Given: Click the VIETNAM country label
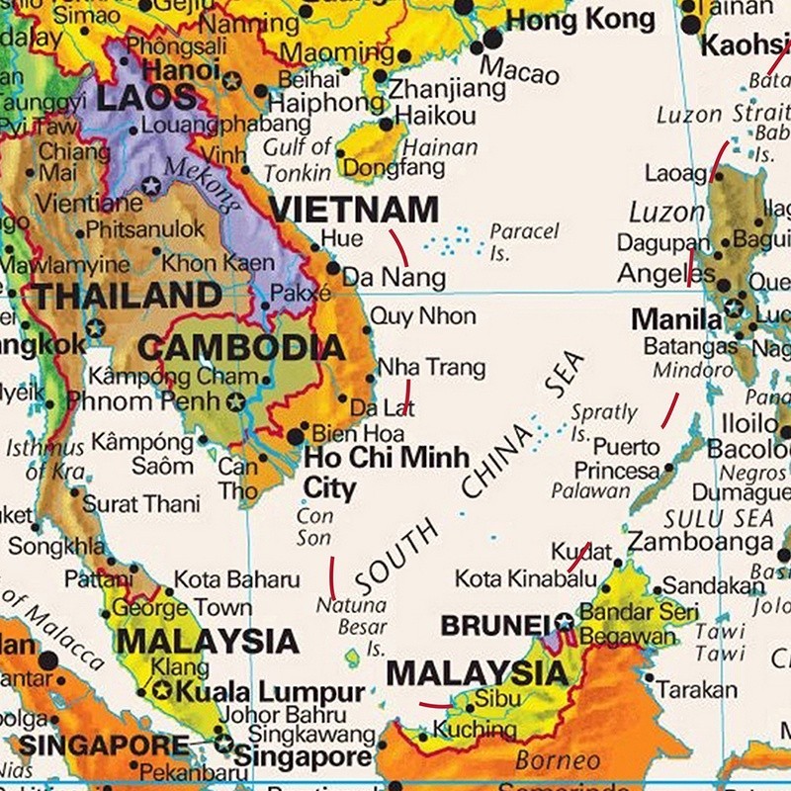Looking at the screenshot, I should (353, 210).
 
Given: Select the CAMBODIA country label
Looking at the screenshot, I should (241, 347).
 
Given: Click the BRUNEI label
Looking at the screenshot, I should (493, 625).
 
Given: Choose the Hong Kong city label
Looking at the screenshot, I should (579, 20).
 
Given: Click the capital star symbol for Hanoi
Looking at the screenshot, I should (231, 81).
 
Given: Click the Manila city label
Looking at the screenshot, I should (676, 319).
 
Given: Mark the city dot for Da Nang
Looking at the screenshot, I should (333, 268).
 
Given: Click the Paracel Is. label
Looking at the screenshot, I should (524, 241).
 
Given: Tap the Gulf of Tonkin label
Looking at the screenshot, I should (297, 159).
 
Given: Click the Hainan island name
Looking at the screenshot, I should (440, 148).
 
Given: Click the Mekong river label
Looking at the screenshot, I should (204, 182).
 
